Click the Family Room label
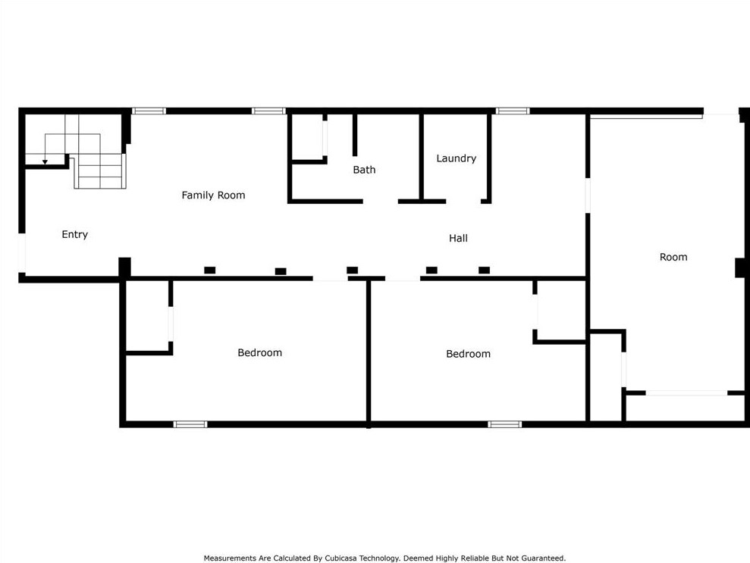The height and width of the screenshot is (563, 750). (x=213, y=195)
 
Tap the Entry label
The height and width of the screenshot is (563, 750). (x=74, y=235)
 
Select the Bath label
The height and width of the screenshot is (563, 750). (x=364, y=170)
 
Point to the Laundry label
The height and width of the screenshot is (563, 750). (x=456, y=158)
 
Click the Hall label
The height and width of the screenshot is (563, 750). (x=458, y=239)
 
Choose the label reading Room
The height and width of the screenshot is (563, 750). (x=673, y=258)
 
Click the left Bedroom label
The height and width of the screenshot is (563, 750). (x=259, y=353)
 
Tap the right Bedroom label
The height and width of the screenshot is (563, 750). (x=468, y=354)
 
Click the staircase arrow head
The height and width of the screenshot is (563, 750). (x=45, y=161)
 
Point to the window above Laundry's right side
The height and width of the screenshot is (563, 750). (x=513, y=111)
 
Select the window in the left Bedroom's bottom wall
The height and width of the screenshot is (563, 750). (x=190, y=424)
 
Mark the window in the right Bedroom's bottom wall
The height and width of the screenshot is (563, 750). (x=504, y=424)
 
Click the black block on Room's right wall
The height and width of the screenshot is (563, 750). (x=740, y=267)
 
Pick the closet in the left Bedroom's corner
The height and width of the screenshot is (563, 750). (x=147, y=316)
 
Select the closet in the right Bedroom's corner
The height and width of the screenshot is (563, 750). (x=561, y=311)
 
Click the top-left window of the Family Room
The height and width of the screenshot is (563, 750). (x=149, y=111)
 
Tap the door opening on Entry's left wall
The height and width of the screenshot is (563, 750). (x=22, y=253)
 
